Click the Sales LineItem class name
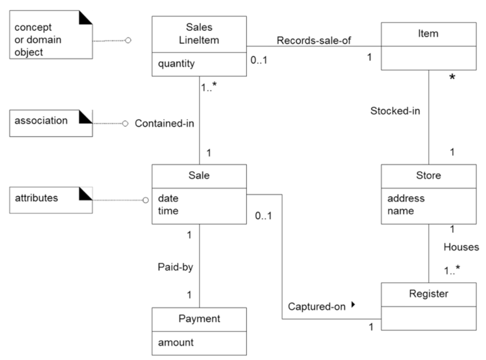(x=199, y=33)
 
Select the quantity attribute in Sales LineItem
(x=176, y=64)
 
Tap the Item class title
(x=428, y=34)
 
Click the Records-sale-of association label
(x=313, y=40)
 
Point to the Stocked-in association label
(x=395, y=111)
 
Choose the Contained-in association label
(x=164, y=123)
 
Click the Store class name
(x=428, y=175)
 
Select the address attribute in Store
(x=406, y=198)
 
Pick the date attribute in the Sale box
(x=168, y=198)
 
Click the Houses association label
(x=461, y=247)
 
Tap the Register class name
(x=428, y=294)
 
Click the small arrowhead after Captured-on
(x=353, y=305)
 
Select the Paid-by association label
(x=175, y=267)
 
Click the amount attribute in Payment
(x=176, y=343)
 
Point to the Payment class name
(x=199, y=319)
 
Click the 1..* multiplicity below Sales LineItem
(x=208, y=87)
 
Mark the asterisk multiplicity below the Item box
(x=452, y=77)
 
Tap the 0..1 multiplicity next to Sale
(x=263, y=216)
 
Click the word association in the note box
(x=41, y=121)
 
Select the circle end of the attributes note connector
(x=146, y=200)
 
